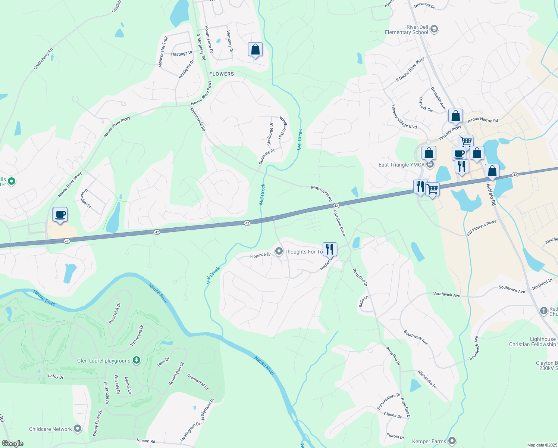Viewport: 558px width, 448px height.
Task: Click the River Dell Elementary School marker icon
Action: coord(434,29)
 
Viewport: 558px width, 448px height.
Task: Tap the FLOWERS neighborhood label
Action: coord(222,74)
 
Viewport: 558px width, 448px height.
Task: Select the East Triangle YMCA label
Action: coord(401,165)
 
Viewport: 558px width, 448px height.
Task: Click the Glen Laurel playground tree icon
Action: coord(137,360)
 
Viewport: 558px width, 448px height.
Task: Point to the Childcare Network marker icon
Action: coord(78,429)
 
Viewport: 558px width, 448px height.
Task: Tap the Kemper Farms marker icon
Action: coord(452,441)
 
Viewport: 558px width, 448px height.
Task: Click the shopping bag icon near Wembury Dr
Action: coord(255,49)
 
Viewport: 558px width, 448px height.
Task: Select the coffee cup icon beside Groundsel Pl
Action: coord(60,215)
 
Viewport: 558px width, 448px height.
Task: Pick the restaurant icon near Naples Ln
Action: coord(330,249)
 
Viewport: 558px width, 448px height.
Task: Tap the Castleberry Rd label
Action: coord(43,59)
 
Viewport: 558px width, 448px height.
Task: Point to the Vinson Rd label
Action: coord(146,441)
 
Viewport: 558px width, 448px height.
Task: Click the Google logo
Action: coord(13,443)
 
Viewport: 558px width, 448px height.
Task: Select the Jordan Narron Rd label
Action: coord(483,120)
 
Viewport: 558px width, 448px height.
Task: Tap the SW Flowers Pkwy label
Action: coord(481,228)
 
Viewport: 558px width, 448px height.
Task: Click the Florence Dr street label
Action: coord(260,255)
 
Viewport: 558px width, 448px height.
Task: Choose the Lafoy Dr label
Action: coord(56,376)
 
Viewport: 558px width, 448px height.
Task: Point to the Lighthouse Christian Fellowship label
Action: coord(532,342)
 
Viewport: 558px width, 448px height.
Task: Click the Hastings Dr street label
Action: coord(182,54)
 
